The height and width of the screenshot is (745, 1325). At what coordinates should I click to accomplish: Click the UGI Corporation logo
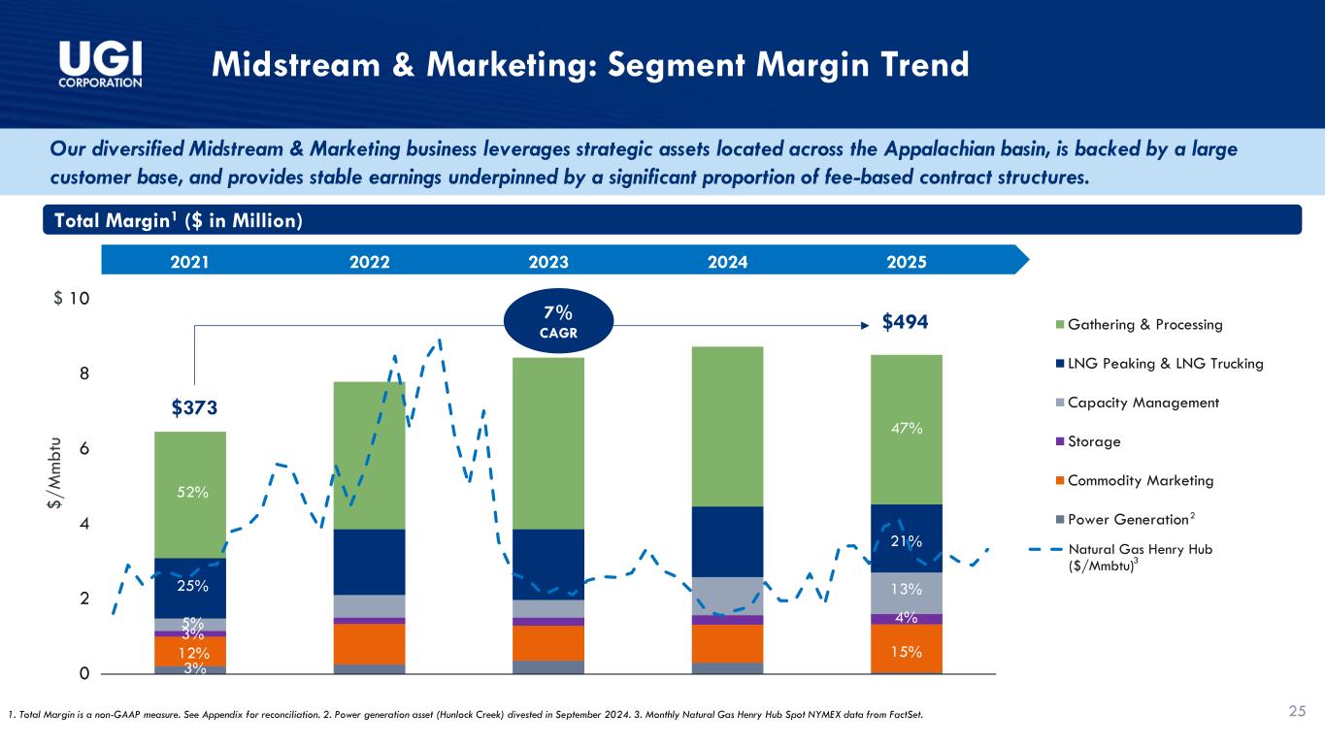pyautogui.click(x=101, y=64)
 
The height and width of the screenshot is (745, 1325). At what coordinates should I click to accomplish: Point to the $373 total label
pyautogui.click(x=194, y=406)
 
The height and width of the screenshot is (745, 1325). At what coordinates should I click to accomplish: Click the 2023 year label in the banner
pyautogui.click(x=548, y=261)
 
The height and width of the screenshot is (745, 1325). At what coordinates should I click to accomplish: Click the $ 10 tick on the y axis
pyautogui.click(x=72, y=298)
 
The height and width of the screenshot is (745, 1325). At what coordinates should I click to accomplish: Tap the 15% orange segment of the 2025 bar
pyautogui.click(x=906, y=649)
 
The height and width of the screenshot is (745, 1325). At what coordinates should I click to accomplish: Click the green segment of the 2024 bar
pyautogui.click(x=727, y=426)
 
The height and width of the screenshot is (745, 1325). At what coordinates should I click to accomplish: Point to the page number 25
pyautogui.click(x=1297, y=713)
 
